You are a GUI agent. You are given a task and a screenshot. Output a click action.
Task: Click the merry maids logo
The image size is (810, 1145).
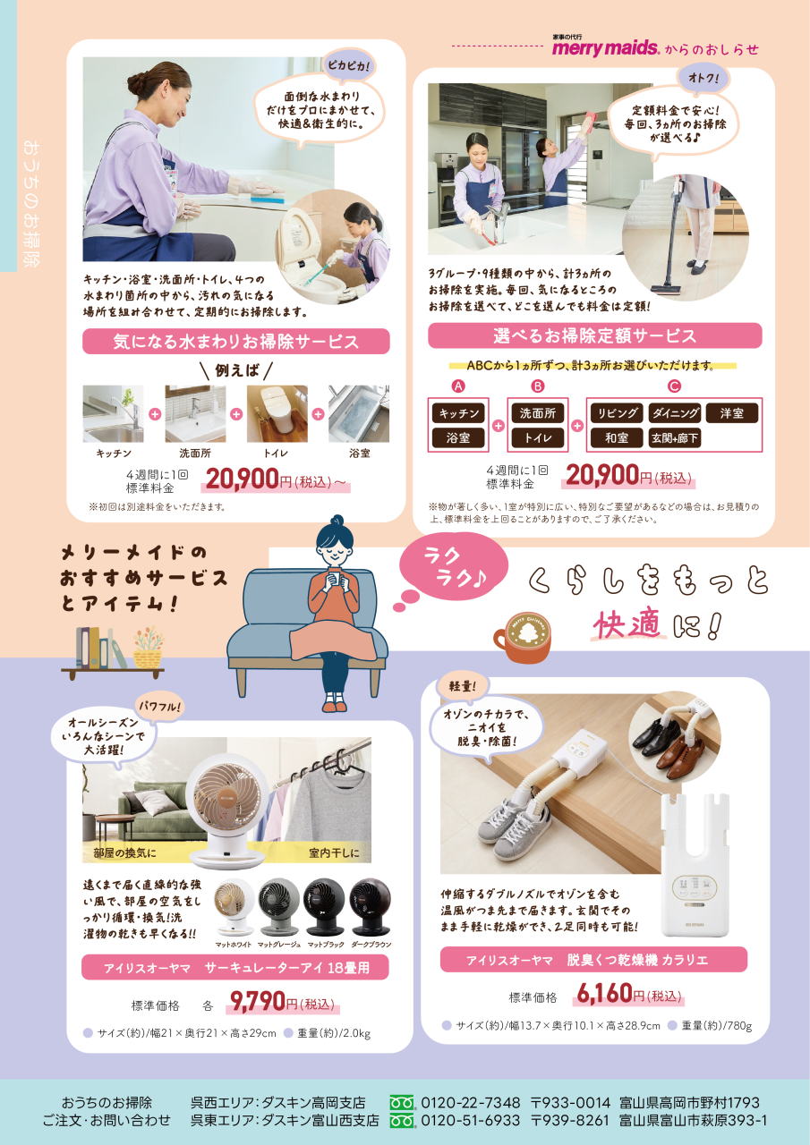(605, 47)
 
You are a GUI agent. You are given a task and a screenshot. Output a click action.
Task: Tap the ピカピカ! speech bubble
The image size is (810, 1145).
(349, 65)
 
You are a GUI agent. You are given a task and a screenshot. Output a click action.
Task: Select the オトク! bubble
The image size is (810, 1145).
(703, 78)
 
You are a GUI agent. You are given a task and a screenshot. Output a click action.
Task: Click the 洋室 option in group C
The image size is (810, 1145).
(732, 413)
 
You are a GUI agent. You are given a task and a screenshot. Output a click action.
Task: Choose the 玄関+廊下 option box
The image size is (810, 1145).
(674, 438)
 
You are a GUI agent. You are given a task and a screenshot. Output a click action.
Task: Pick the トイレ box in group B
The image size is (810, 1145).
(537, 438)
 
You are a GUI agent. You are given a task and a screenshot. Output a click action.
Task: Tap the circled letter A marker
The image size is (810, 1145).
(458, 386)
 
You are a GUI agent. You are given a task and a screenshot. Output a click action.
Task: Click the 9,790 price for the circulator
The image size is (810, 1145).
(257, 1001)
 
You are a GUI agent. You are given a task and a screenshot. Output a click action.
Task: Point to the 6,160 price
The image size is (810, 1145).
(604, 993)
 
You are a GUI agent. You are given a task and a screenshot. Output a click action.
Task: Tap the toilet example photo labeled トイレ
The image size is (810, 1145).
(277, 413)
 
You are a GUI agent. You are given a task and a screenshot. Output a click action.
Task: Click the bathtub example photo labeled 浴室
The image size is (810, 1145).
(359, 413)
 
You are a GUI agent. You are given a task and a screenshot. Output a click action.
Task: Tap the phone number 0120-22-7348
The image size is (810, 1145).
(470, 1103)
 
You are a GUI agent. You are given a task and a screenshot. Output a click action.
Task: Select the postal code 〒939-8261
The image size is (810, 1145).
(569, 1121)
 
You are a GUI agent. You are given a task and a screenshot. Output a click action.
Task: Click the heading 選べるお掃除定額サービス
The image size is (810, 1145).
(594, 335)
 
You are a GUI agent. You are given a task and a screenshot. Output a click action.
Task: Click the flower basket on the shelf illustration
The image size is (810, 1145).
(148, 647)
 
